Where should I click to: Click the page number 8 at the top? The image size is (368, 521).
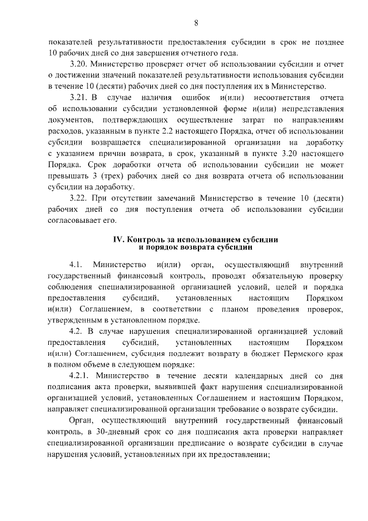tap(195, 23)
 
